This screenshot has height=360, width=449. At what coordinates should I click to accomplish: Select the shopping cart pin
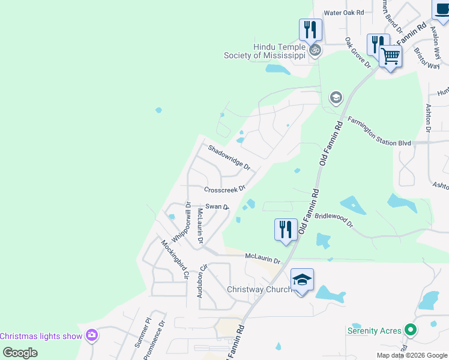click(391, 57)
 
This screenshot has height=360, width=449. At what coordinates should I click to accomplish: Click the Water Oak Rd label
click(344, 12)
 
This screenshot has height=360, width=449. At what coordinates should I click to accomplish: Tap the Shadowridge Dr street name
click(229, 158)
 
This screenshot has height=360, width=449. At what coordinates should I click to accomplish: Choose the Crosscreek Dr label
click(225, 190)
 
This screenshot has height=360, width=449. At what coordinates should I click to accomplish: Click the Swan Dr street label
click(217, 206)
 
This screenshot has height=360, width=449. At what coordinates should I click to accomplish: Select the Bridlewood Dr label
click(334, 219)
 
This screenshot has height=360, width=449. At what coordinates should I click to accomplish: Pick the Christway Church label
click(259, 289)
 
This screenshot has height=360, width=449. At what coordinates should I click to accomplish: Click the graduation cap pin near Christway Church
click(302, 280)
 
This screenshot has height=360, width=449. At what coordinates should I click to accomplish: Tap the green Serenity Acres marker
click(411, 330)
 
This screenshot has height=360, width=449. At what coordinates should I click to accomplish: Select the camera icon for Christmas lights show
click(92, 335)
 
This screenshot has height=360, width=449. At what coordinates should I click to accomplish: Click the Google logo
click(20, 353)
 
